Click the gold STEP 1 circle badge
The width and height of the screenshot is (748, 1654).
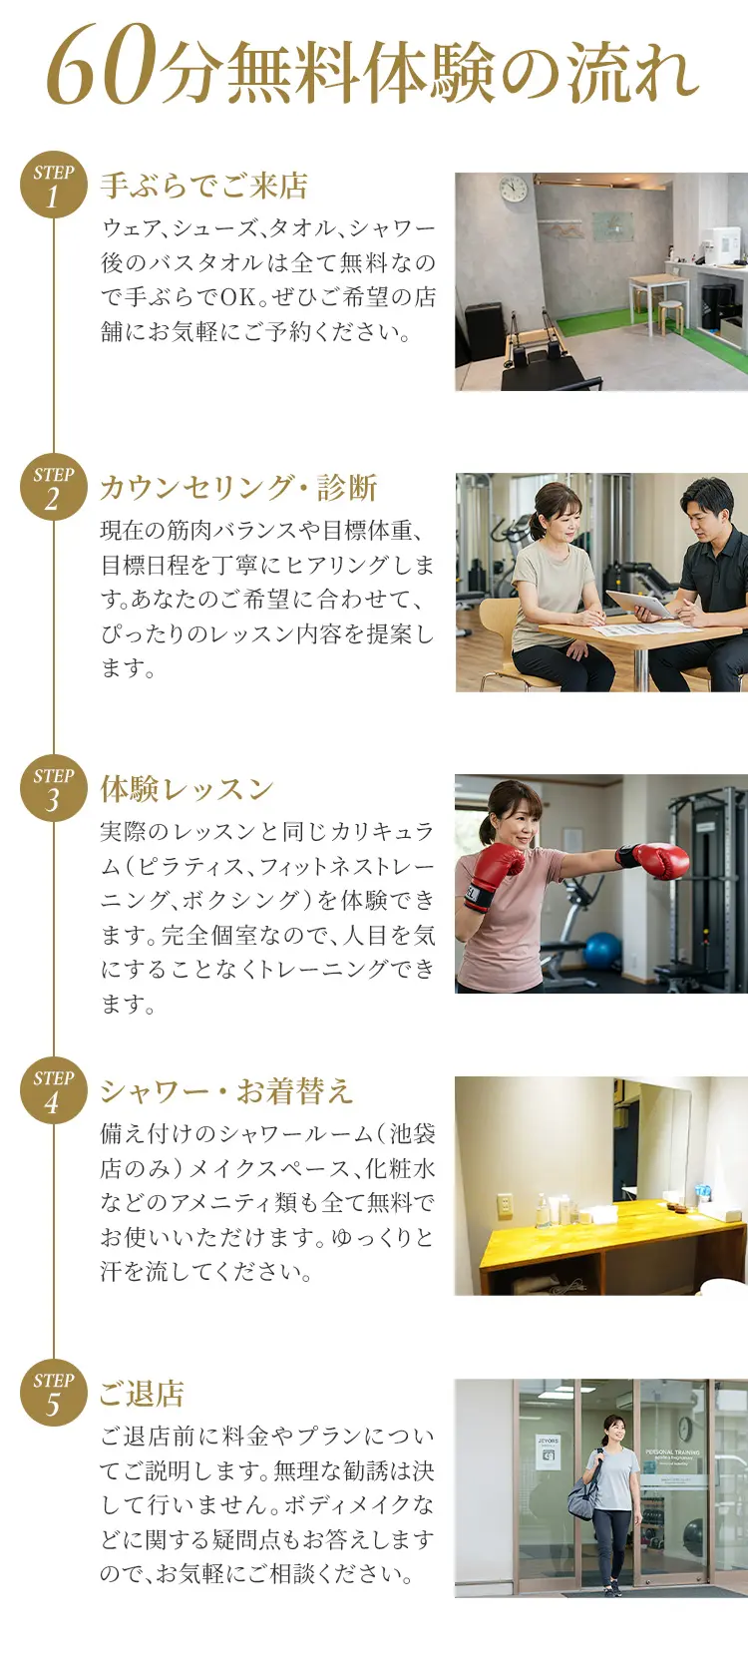click(53, 185)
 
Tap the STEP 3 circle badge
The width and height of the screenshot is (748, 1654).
click(53, 789)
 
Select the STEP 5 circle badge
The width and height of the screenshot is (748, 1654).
click(53, 1393)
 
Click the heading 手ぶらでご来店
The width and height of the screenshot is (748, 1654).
click(203, 186)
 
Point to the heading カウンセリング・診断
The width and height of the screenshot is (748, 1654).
click(238, 488)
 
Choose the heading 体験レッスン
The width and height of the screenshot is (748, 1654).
click(187, 789)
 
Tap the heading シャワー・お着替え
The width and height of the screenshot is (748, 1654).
click(226, 1091)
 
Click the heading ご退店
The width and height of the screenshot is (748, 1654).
click(142, 1394)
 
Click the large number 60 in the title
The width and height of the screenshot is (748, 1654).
click(102, 67)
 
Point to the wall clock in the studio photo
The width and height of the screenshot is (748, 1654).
click(514, 189)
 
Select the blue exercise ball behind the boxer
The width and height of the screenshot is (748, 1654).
click(602, 951)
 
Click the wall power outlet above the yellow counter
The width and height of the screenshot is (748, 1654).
click(505, 1206)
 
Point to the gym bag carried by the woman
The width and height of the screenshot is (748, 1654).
click(582, 1493)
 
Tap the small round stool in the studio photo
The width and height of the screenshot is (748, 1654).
click(670, 316)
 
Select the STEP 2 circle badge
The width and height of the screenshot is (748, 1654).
click(53, 487)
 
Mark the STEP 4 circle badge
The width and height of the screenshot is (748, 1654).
click(53, 1090)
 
